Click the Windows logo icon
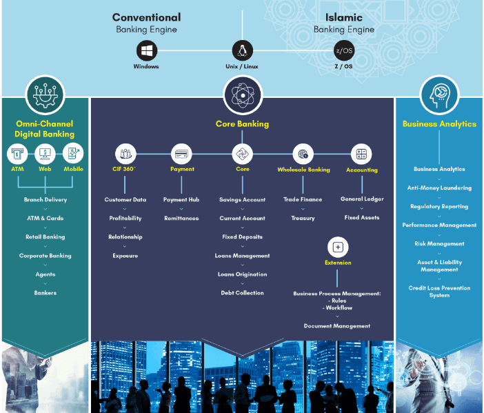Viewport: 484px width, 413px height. tap(146, 50)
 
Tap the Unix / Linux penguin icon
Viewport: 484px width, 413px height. tap(243, 50)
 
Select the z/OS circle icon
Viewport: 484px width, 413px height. tap(343, 50)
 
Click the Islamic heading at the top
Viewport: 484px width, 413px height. tap(343, 17)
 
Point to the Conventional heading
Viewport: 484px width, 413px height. tap(146, 17)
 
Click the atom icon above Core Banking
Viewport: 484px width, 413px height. tap(242, 94)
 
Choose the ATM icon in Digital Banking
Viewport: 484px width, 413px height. tap(17, 153)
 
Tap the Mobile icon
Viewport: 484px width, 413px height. tap(73, 153)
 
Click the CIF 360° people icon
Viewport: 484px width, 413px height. tap(125, 154)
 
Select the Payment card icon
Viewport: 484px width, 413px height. tap(182, 154)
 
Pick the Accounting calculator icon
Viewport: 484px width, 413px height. tap(361, 154)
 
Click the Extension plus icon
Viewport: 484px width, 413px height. tap(338, 247)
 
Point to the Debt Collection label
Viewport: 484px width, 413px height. tap(242, 293)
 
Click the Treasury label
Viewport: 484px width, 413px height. tap(303, 218)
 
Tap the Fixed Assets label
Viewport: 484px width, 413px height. tap(362, 218)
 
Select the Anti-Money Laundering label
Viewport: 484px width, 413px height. tap(439, 188)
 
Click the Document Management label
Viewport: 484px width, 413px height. tap(337, 325)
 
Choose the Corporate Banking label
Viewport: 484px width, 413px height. tap(45, 256)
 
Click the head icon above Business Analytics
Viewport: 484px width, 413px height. tap(439, 94)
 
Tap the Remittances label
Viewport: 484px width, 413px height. tap(181, 218)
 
